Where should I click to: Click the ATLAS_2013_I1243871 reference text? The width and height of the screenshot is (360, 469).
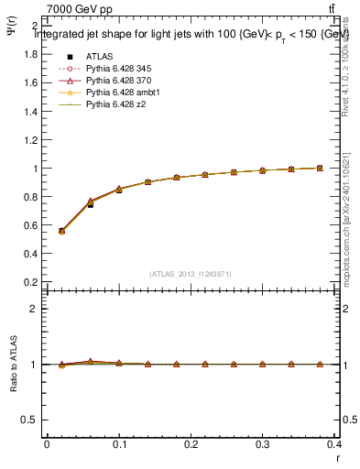[191, 275]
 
